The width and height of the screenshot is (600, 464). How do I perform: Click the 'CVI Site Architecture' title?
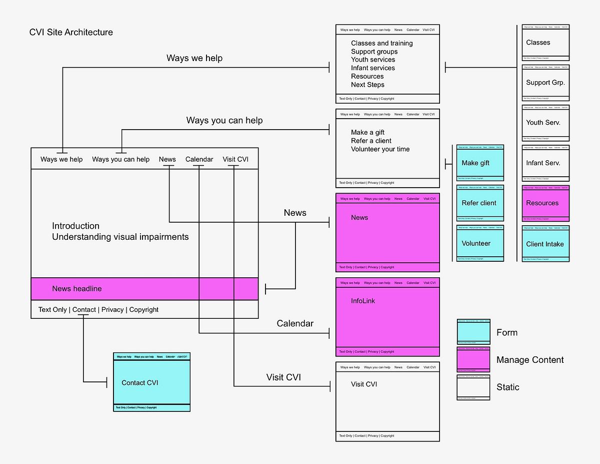coord(71,33)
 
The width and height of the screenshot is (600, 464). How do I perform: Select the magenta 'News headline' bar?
coord(144,289)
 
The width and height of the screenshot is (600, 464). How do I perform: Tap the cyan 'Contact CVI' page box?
coord(151,382)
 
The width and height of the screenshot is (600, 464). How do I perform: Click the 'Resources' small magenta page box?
coord(545,203)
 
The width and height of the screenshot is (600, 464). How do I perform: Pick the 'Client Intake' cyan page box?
coord(545,244)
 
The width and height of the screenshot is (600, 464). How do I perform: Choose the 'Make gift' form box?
coord(480,163)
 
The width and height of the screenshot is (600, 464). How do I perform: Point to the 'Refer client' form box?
coord(480,203)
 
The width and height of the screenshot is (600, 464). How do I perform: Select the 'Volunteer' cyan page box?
coord(480,243)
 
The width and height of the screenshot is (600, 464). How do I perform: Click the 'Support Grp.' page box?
coord(545,83)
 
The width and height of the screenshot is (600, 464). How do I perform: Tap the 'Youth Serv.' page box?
coord(545,123)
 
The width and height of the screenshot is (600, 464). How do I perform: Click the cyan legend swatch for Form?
coord(473,332)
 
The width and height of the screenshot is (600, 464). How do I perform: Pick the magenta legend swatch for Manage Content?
coord(473,360)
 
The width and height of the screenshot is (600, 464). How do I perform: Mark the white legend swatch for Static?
coord(473,387)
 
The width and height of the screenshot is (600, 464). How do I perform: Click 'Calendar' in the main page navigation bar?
coord(199,160)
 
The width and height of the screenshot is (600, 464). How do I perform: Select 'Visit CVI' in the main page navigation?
coord(235,160)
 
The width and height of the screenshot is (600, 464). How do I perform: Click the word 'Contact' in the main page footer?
coord(84,310)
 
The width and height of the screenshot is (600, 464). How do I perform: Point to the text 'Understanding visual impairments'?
coord(120,237)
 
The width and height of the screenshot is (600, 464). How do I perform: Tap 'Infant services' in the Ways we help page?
coord(373,68)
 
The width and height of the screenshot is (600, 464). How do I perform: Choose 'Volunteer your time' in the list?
coord(380,149)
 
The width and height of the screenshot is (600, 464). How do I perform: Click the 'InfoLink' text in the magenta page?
coord(363,301)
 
